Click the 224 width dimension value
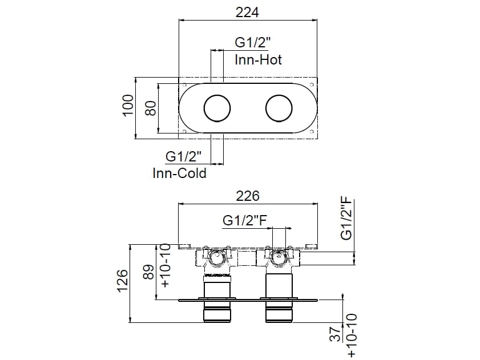[x=247, y=12]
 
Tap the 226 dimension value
[x=248, y=196]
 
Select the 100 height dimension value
[x=128, y=106]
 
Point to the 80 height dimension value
[x=151, y=108]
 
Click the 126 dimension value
[x=122, y=281]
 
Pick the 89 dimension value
[x=150, y=272]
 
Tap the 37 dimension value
[x=336, y=334]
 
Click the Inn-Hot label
[x=258, y=60]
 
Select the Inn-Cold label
[x=179, y=173]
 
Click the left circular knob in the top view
[x=217, y=108]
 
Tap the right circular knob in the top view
[x=279, y=108]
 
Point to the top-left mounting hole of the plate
[x=184, y=85]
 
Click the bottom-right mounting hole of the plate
[x=312, y=132]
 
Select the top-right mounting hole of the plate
[x=312, y=84]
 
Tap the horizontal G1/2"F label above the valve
[x=245, y=220]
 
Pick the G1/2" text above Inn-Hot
[x=253, y=42]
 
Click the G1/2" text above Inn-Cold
[x=184, y=156]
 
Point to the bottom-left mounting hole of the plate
[x=184, y=132]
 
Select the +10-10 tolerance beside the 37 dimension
[x=352, y=335]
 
